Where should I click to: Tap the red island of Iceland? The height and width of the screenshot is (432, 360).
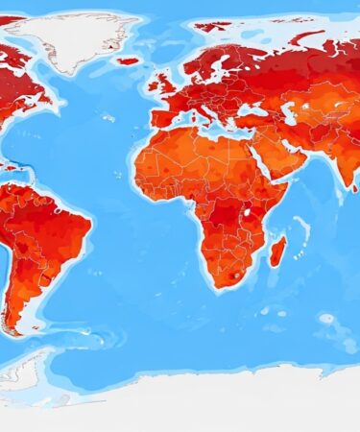click(x=129, y=60)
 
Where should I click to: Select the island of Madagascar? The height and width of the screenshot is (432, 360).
click(x=277, y=252)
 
